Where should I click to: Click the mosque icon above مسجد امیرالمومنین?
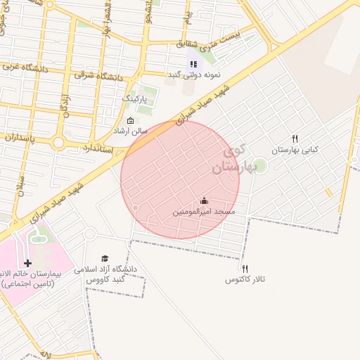[x=205, y=200]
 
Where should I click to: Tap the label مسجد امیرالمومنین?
[x=205, y=211]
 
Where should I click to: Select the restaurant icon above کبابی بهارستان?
[x=295, y=139]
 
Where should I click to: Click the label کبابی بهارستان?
[x=295, y=150]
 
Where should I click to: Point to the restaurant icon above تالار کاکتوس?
[x=245, y=269]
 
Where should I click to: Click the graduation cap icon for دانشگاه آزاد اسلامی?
[x=105, y=259]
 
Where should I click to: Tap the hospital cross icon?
[x=27, y=263]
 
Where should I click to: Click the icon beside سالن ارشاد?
[x=130, y=120]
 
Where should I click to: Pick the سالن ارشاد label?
[x=131, y=131]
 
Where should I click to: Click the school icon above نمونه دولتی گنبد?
[x=193, y=64]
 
